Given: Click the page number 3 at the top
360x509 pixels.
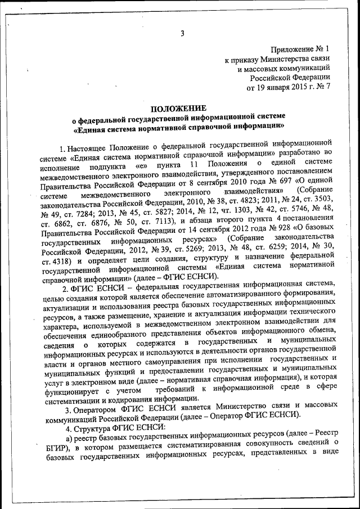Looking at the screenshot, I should pyautogui.click(x=182, y=33).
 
